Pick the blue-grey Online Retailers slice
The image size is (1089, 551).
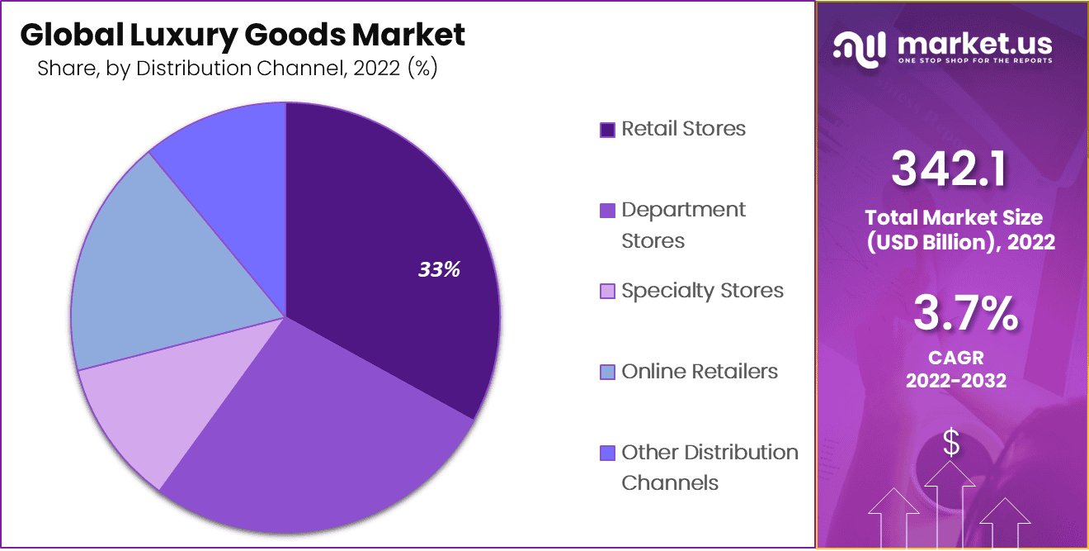tap(157, 273)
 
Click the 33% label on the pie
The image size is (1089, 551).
tap(438, 269)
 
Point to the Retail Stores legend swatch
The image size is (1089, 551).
tap(607, 130)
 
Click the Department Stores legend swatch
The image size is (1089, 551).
tap(607, 211)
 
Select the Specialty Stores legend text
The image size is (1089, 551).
tap(702, 291)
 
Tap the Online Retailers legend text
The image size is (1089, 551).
tap(700, 372)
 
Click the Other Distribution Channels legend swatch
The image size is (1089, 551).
tap(607, 454)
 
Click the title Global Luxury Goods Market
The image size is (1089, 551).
tap(243, 35)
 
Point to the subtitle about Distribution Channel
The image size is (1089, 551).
tap(237, 69)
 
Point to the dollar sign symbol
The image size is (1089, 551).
tap(951, 444)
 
